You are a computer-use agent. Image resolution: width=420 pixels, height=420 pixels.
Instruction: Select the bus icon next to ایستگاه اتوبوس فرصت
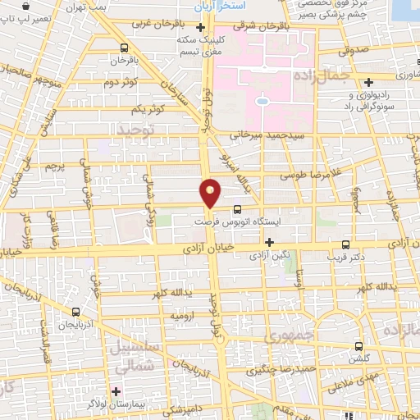(x=238, y=209)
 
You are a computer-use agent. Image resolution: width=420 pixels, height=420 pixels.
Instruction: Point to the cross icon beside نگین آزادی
(x=269, y=241)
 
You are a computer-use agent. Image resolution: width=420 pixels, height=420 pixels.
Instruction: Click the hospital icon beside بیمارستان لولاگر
(x=116, y=390)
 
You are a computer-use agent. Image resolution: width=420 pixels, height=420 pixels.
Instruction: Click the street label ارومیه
(x=181, y=315)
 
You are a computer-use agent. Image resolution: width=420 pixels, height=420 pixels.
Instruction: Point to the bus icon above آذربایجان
(x=76, y=312)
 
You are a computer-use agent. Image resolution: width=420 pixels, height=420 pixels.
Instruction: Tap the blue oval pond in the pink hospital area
(x=262, y=102)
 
